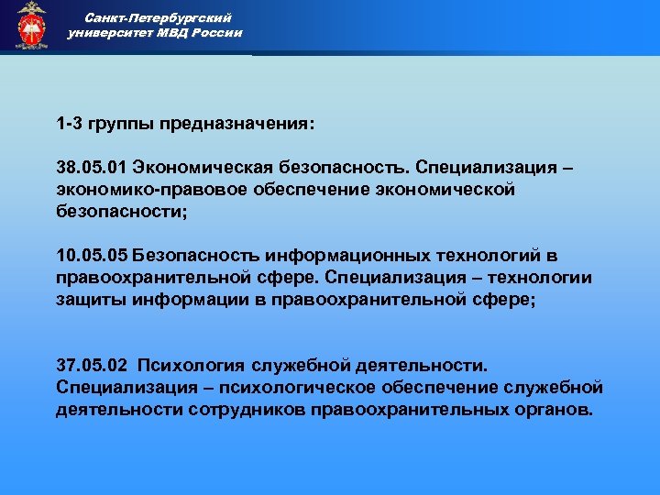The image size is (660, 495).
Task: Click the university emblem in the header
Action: [x=31, y=26]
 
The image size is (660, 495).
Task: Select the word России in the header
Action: [x=217, y=33]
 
